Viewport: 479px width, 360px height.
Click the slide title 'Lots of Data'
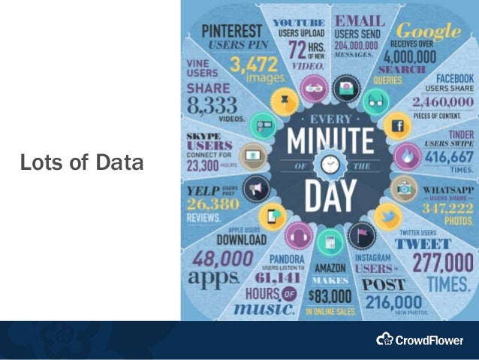[81, 162]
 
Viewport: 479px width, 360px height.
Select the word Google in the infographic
[428, 32]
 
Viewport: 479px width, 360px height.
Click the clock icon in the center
[330, 165]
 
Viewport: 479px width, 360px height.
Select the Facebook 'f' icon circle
[398, 125]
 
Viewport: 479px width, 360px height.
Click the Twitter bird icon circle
[387, 215]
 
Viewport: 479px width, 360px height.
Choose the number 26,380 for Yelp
[213, 205]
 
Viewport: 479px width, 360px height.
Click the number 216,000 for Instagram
[395, 301]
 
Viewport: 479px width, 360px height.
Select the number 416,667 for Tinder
[448, 158]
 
